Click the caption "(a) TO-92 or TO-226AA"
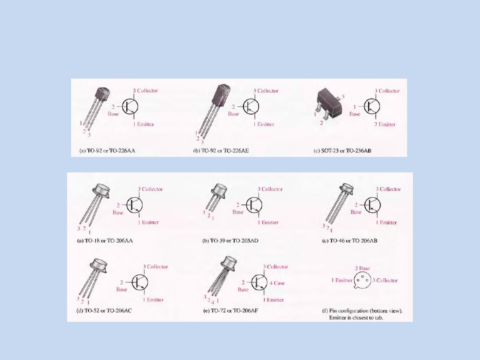point(107,151)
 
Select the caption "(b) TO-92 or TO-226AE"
point(221,151)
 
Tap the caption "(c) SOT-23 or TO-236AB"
point(342,151)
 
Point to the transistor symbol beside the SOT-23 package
point(372,107)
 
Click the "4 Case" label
point(277,283)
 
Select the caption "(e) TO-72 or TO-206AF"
point(231,311)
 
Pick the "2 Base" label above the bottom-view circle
point(363,268)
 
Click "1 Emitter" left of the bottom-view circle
point(342,280)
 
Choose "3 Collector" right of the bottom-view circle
point(385,280)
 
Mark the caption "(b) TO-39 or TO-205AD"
point(230,240)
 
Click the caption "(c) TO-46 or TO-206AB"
point(350,240)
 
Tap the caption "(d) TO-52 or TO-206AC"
point(104,311)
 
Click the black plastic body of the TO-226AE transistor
point(221,96)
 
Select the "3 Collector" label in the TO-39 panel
point(270,189)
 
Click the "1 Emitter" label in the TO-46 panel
point(386,223)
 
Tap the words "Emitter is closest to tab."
point(356,318)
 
